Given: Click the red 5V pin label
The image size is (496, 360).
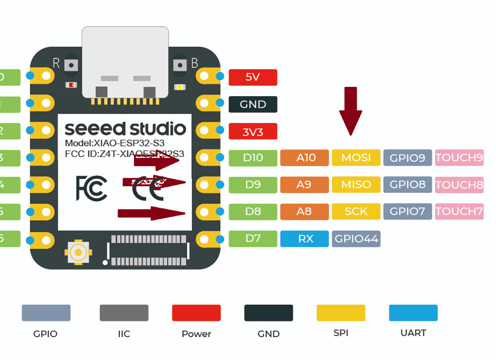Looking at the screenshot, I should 253,77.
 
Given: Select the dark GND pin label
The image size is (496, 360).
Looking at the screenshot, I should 253,105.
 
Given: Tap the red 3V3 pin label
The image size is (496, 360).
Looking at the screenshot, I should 253,132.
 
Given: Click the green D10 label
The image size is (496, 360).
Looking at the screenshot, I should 253,158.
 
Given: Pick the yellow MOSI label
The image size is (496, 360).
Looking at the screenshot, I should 356,158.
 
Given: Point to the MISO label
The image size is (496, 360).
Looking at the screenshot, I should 356,184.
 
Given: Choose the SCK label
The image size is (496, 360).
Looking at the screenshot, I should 356,211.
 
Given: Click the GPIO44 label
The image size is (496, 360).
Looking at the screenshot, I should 356,239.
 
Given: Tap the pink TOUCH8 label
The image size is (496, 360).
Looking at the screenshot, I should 459,184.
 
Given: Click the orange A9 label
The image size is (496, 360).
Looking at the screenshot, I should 304,184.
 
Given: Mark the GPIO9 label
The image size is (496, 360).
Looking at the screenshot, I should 407,158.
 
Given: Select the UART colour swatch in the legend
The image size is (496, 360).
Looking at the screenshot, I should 413,312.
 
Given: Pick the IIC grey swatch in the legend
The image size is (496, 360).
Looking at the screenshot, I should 124,312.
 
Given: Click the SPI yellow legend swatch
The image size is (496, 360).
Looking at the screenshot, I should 340,312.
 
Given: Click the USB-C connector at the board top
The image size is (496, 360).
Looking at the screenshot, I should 125,62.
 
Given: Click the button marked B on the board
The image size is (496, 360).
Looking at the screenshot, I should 181,65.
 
